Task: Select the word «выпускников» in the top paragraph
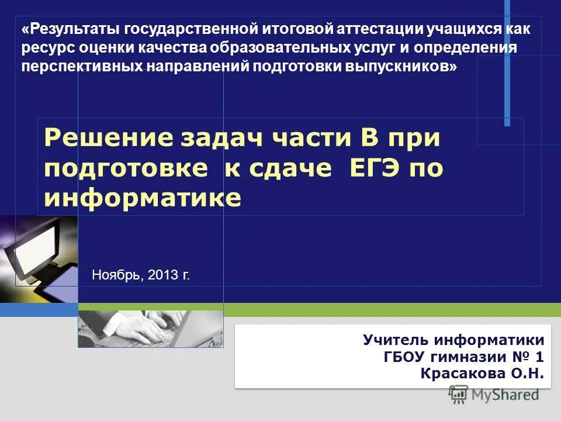[x=408, y=66]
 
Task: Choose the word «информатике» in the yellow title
[x=143, y=198]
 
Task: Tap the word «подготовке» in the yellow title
[x=126, y=168]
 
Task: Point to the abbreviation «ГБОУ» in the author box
[x=404, y=357]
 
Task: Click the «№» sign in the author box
[x=520, y=357]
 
